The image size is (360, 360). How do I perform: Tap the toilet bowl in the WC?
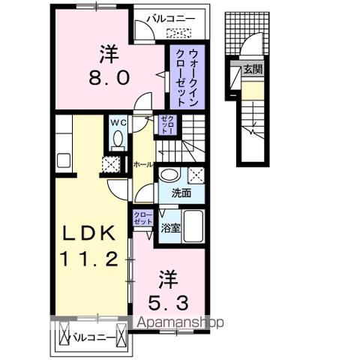pos(117,139)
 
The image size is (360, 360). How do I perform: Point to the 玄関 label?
pos(253,70)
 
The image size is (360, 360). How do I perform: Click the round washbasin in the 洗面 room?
pos(169,175)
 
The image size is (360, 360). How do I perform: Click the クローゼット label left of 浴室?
pos(142,218)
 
